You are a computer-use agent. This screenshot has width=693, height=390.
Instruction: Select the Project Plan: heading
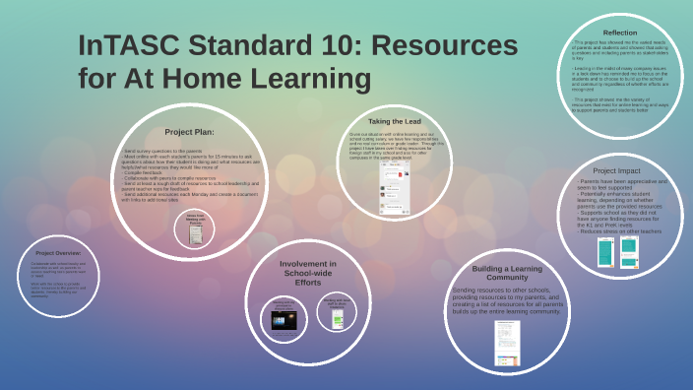189,131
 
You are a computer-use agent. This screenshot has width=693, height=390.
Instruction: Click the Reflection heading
619,32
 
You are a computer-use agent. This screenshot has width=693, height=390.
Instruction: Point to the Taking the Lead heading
394,121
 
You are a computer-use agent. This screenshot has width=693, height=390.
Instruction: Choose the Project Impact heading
617,170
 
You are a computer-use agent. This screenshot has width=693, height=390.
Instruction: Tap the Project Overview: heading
58,253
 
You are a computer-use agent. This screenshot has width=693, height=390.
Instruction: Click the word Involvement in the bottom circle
308,263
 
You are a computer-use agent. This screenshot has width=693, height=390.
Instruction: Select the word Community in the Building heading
507,278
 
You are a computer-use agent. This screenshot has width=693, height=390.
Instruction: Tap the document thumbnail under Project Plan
194,229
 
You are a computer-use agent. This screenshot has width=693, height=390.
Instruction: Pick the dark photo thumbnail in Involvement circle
283,319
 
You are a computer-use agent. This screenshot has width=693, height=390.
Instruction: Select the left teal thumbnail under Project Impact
605,252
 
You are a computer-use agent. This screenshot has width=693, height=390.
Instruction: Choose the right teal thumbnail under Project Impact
629,252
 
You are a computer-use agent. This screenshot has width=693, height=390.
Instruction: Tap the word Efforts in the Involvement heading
308,283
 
